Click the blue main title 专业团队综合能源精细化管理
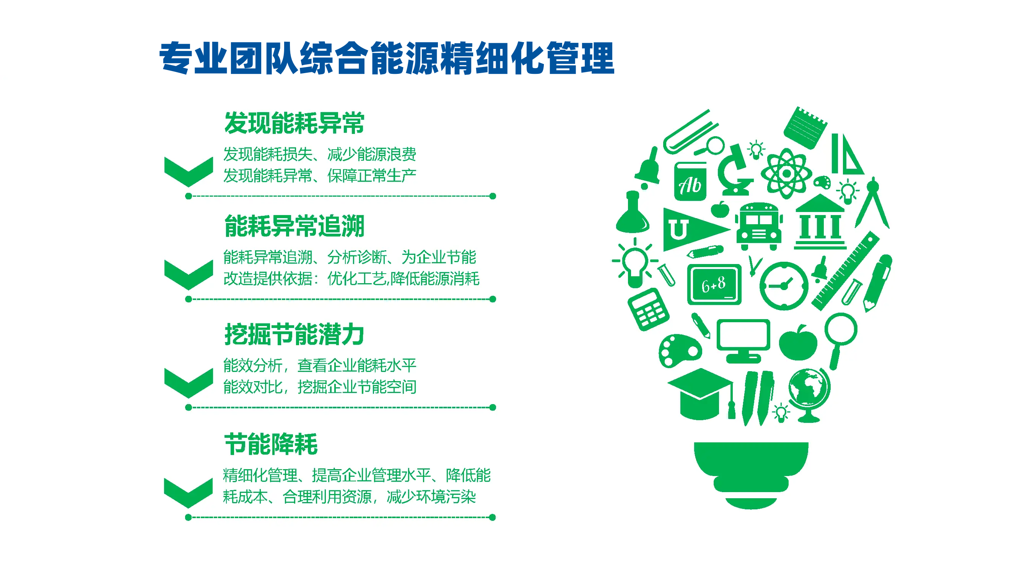[x=387, y=58]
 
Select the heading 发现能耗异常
[x=294, y=123]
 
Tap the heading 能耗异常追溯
[x=294, y=226]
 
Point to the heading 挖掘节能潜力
[x=294, y=334]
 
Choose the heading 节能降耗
[x=271, y=444]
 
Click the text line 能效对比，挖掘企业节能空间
[x=320, y=387]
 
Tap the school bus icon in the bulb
[x=759, y=226]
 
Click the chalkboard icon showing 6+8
[x=714, y=284]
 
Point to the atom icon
[x=786, y=173]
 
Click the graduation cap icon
[x=700, y=394]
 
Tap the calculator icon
[x=649, y=309]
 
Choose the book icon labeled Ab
[x=691, y=182]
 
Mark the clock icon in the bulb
[x=784, y=285]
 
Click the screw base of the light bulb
[x=751, y=475]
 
